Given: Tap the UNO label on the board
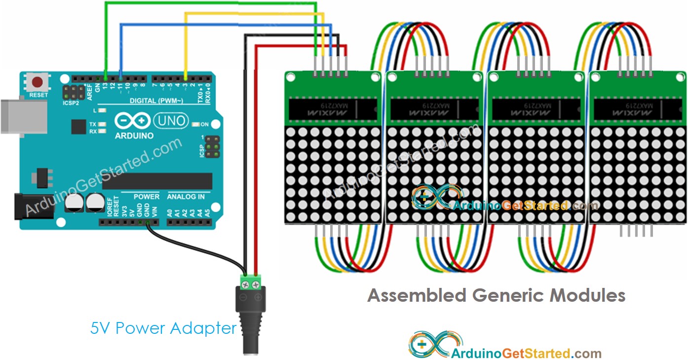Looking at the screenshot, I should point(171,120).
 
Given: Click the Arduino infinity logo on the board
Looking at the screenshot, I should point(132,120).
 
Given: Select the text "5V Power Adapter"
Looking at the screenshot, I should point(163,328).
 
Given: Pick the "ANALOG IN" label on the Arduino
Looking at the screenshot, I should point(186,197).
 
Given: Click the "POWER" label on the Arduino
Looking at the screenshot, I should point(147,197).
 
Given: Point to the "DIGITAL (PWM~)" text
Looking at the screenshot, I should point(150,101).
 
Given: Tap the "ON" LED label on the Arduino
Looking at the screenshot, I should point(204,124).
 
